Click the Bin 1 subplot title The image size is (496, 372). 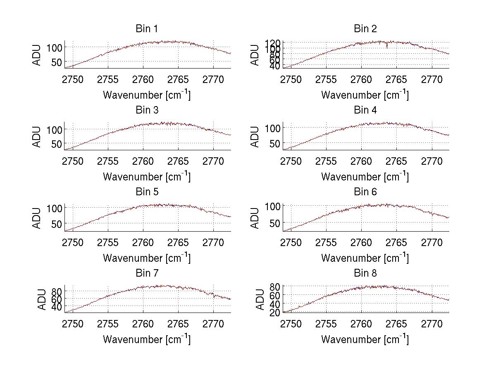pos(146,29)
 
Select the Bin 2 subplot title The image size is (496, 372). pos(365,29)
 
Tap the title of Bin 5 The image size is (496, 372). pos(146,192)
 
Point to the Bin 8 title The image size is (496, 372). pos(365,273)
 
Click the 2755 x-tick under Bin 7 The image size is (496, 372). pos(108,324)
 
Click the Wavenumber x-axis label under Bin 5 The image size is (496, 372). pos(146,258)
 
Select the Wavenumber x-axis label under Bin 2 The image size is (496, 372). pos(365,95)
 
